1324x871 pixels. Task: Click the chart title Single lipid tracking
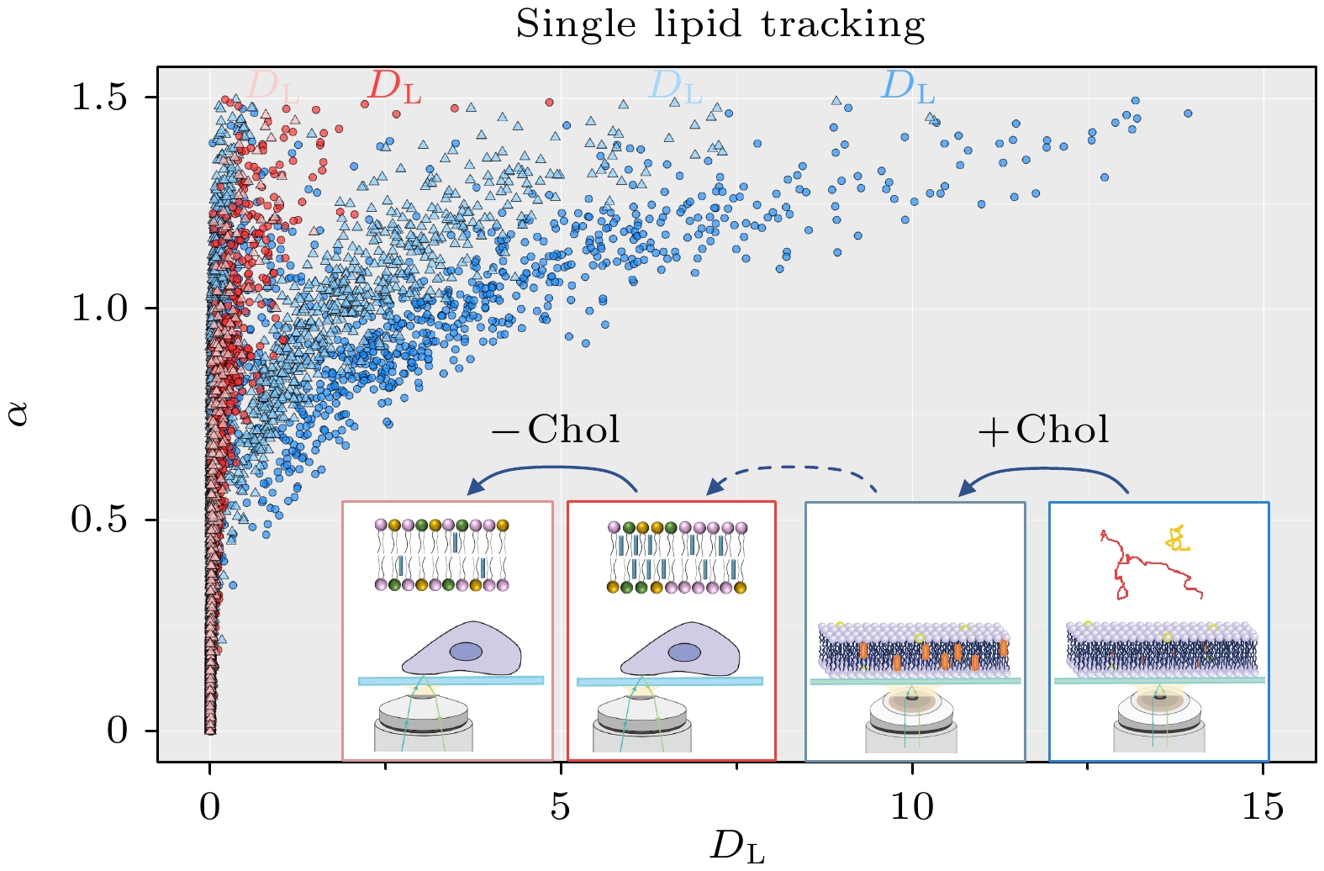tap(720, 24)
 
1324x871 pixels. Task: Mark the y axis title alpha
tap(18, 413)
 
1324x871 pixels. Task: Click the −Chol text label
tap(556, 430)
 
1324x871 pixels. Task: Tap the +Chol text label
tap(1042, 430)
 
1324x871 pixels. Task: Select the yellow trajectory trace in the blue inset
tap(1178, 538)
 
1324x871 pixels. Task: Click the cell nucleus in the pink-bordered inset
tap(466, 652)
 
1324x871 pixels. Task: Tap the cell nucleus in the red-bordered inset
tap(684, 652)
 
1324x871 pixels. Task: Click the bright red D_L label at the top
tap(395, 87)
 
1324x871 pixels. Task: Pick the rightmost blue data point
tap(1188, 113)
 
